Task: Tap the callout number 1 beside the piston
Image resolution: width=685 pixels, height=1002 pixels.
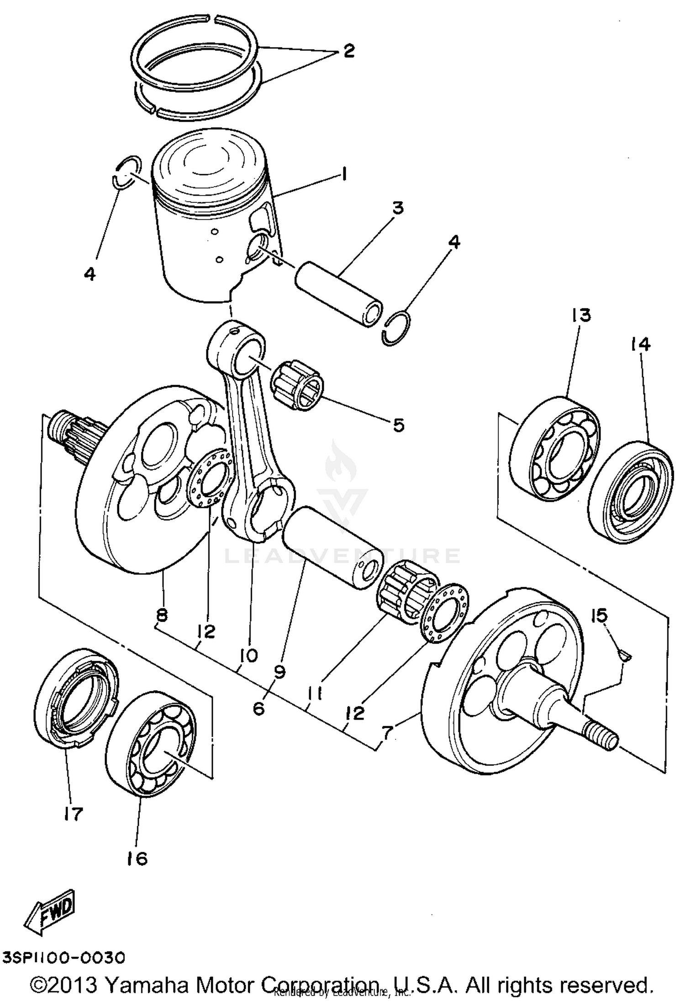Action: coord(344,174)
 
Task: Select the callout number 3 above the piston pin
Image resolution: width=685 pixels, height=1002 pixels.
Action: coord(398,208)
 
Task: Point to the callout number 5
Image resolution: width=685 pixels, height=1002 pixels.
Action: coord(398,425)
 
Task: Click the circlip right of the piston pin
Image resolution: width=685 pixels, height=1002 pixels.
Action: coord(396,327)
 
